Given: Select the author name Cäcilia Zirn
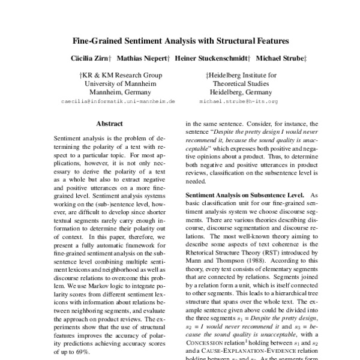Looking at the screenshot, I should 91,59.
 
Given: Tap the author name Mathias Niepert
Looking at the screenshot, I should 142,59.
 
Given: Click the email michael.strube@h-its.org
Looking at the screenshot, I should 239,102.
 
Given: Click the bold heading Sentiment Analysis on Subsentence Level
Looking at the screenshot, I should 244,196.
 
